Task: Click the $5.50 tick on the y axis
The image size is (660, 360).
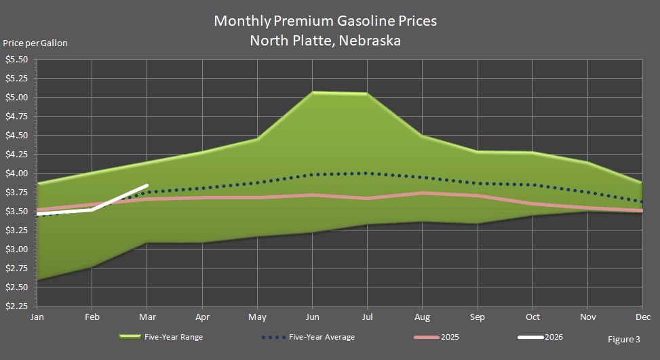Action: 16,60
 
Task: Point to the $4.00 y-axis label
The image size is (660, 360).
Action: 16,174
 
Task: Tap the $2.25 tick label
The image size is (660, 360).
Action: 16,306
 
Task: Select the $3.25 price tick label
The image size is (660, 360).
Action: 16,231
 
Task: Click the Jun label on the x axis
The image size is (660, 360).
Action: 313,317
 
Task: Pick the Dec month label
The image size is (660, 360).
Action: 642,317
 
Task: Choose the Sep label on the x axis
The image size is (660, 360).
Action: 478,317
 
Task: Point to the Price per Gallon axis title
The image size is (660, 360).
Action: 35,43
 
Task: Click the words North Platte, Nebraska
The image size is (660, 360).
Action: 325,41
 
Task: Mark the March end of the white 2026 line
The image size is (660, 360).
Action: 147,185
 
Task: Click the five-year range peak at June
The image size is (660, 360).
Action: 313,92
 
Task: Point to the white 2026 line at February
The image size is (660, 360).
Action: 92,209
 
